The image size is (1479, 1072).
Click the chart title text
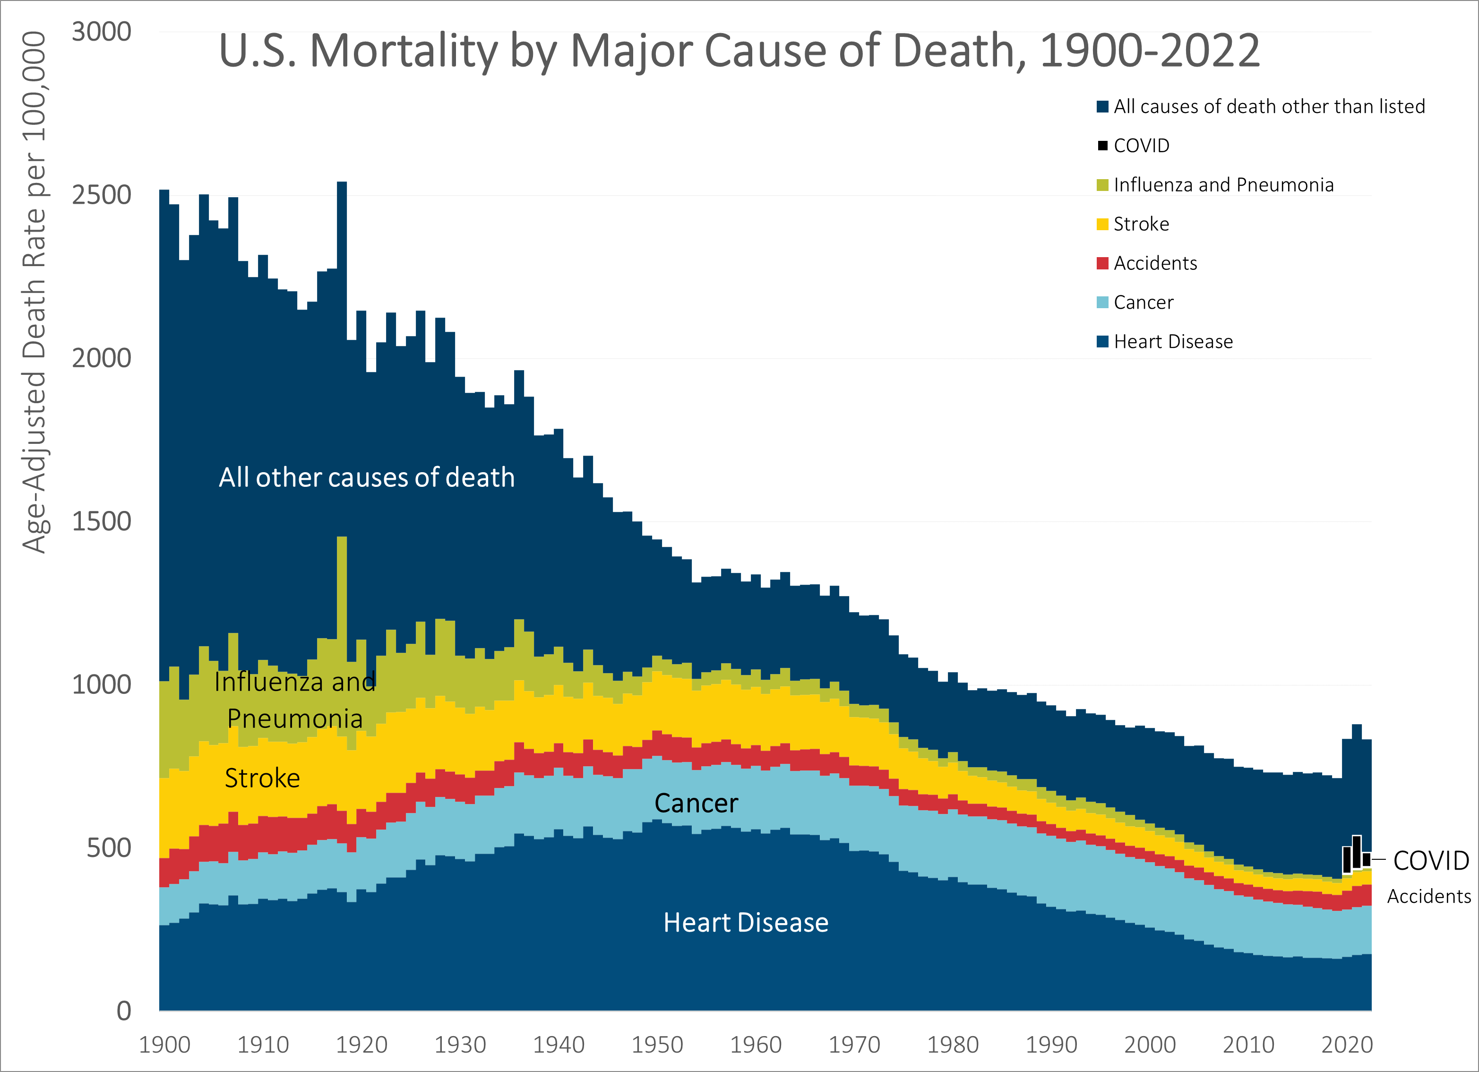(739, 51)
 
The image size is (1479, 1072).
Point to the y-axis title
(34, 292)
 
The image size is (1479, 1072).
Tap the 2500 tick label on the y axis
(101, 195)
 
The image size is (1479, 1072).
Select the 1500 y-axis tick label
(101, 521)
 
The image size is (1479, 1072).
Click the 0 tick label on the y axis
(124, 1011)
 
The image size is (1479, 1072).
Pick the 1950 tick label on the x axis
(657, 1045)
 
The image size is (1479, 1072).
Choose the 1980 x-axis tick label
(952, 1045)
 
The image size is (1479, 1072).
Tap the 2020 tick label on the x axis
(1347, 1045)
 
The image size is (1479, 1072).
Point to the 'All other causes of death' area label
(367, 477)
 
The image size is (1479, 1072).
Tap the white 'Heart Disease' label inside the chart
(745, 923)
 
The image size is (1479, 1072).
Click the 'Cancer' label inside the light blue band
(696, 803)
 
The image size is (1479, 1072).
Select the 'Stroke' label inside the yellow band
(262, 778)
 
